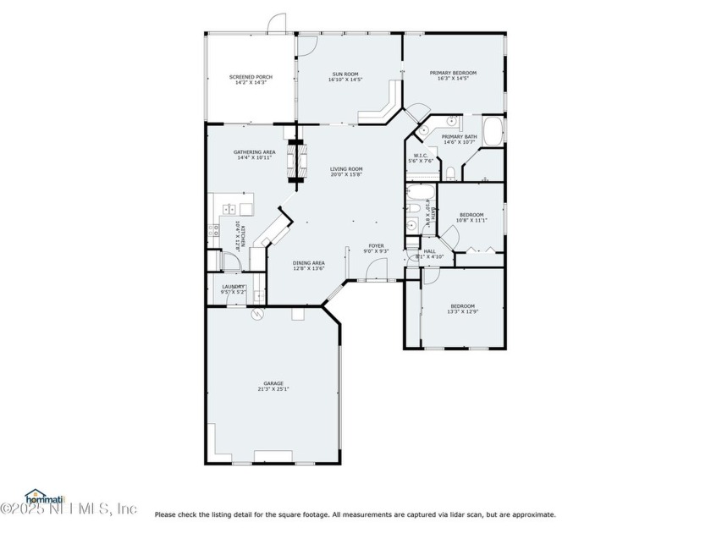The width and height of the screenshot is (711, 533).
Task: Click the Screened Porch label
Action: (248, 77)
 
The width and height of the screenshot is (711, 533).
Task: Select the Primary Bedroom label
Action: (453, 74)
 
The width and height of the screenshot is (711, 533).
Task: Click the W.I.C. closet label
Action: (421, 155)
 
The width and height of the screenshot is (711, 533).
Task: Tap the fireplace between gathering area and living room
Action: (295, 160)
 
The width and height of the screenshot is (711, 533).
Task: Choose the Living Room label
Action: (346, 169)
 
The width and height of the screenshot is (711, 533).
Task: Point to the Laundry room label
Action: (234, 287)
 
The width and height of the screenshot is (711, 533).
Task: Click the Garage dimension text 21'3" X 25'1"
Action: (273, 389)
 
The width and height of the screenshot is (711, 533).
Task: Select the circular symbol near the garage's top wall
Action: (257, 314)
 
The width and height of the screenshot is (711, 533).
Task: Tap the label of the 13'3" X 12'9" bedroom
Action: (462, 305)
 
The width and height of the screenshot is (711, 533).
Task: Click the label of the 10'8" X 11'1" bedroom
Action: (471, 215)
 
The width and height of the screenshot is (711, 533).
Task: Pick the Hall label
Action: (429, 251)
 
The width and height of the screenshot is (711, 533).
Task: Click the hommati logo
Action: (38, 496)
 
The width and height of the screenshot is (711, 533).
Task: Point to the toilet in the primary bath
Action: (452, 174)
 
